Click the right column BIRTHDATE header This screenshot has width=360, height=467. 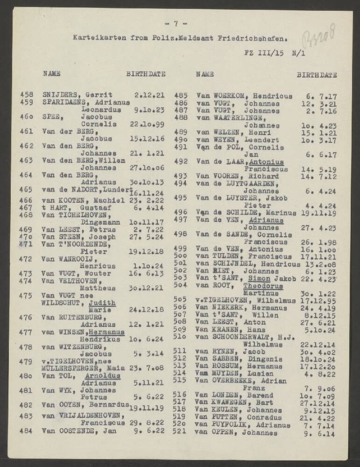coord(317,74)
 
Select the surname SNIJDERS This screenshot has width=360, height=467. coord(59,95)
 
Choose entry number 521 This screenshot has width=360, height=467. coord(180,432)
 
